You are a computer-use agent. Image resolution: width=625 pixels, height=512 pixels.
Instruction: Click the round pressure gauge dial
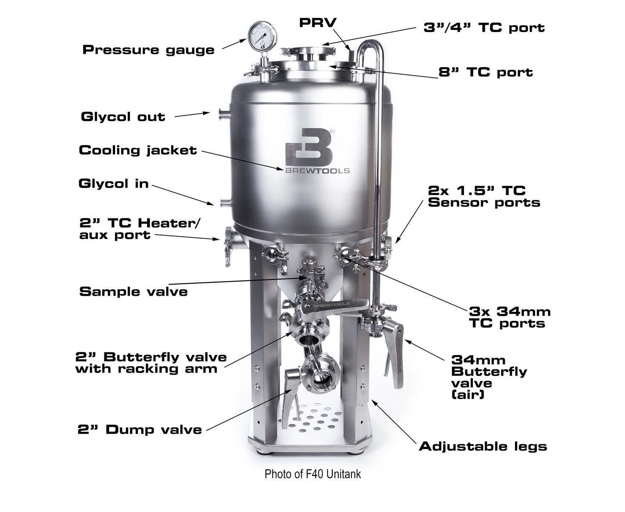262,37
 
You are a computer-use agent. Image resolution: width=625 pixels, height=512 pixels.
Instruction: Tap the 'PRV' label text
318,23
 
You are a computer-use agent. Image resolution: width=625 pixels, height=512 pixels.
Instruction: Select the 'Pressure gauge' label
148,49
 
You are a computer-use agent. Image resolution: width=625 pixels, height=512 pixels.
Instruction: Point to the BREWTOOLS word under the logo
317,171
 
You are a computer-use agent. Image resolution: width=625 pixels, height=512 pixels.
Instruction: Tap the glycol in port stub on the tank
225,203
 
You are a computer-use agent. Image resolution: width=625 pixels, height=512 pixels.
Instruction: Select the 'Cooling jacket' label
138,150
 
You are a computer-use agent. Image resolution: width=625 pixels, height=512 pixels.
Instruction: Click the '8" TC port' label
486,72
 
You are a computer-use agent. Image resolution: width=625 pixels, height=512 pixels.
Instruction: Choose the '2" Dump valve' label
140,430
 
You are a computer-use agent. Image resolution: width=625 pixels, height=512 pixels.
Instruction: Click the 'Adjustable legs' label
483,446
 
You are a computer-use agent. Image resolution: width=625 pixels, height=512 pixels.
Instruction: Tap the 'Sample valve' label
133,291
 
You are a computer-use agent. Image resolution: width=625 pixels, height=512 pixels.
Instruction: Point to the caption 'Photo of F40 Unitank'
313,474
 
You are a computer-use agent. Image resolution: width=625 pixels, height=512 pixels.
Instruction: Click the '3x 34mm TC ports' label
510,317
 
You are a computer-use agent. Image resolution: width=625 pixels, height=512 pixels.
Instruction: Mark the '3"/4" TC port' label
484,28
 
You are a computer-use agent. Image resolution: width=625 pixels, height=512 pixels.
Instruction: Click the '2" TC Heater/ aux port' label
140,229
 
